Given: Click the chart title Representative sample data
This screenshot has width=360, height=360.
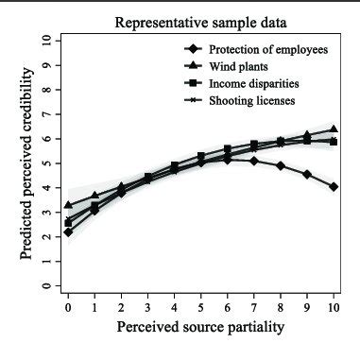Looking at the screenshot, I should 200,21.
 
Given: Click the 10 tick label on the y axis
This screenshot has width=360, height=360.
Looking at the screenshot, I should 44,41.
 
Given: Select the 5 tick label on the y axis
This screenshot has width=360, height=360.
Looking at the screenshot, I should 44,163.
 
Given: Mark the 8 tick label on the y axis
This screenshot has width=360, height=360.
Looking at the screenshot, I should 44,89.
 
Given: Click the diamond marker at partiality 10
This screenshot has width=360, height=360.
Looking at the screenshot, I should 334,186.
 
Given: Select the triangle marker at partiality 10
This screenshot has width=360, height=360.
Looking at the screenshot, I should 334,129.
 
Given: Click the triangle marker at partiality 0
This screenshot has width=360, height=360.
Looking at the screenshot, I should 68,204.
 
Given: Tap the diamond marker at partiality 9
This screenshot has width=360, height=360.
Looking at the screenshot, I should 307,174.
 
